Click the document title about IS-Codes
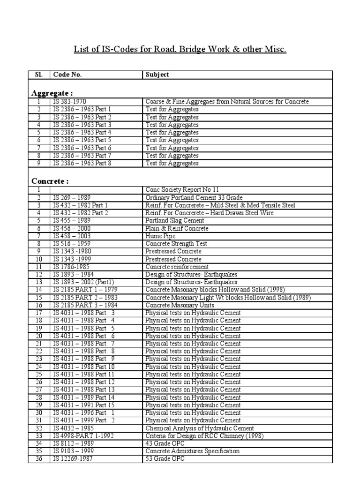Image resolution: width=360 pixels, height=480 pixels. click(x=180, y=49)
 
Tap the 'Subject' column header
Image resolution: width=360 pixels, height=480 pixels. click(x=157, y=75)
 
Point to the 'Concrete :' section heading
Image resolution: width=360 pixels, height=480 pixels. click(x=50, y=180)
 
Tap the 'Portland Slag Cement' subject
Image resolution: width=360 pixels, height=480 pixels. click(x=175, y=220)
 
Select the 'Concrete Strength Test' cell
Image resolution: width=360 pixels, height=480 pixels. click(x=176, y=244)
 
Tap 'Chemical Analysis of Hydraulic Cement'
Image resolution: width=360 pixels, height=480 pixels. click(x=200, y=428)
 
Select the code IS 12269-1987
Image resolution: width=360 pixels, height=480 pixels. click(x=73, y=459)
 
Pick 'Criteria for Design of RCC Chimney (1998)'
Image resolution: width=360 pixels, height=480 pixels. click(x=205, y=435)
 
